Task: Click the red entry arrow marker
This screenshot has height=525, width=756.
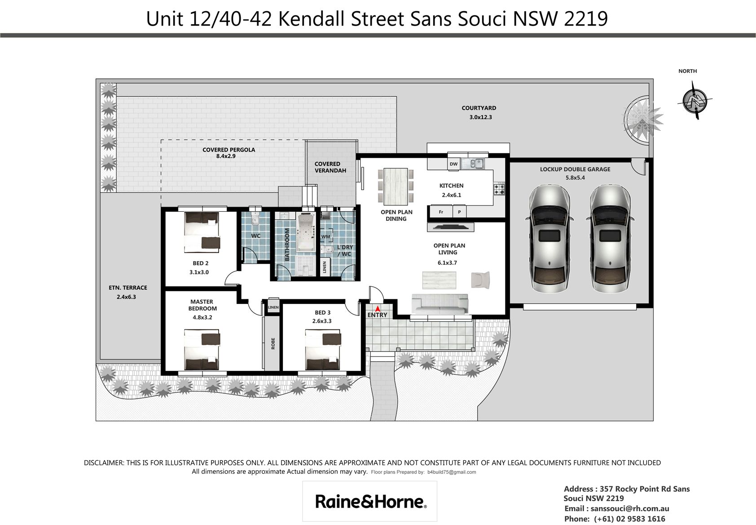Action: tap(378, 308)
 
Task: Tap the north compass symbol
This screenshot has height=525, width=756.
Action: tap(694, 100)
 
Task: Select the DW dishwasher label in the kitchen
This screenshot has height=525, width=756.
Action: tap(453, 164)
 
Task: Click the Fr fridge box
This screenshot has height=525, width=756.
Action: tap(440, 212)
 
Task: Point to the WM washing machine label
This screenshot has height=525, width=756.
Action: tap(325, 236)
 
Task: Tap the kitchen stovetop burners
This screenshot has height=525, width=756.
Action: tap(499, 189)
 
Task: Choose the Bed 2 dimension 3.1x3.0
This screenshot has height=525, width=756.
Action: tap(199, 272)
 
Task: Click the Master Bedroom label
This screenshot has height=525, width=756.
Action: tap(202, 305)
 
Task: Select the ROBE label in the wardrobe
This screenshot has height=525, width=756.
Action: tap(273, 343)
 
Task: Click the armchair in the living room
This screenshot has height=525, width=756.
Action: tap(480, 280)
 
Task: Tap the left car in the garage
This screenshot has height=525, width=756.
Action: tap(549, 238)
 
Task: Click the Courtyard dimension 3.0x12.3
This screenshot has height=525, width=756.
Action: tap(481, 117)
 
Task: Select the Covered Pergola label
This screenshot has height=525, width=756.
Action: tap(229, 150)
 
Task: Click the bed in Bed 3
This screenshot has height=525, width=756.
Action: tap(323, 350)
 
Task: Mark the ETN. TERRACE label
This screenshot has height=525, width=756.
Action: tap(128, 288)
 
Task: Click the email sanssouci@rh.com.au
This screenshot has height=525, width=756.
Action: tap(630, 508)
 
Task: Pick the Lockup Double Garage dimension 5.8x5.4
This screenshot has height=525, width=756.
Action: tap(575, 178)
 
